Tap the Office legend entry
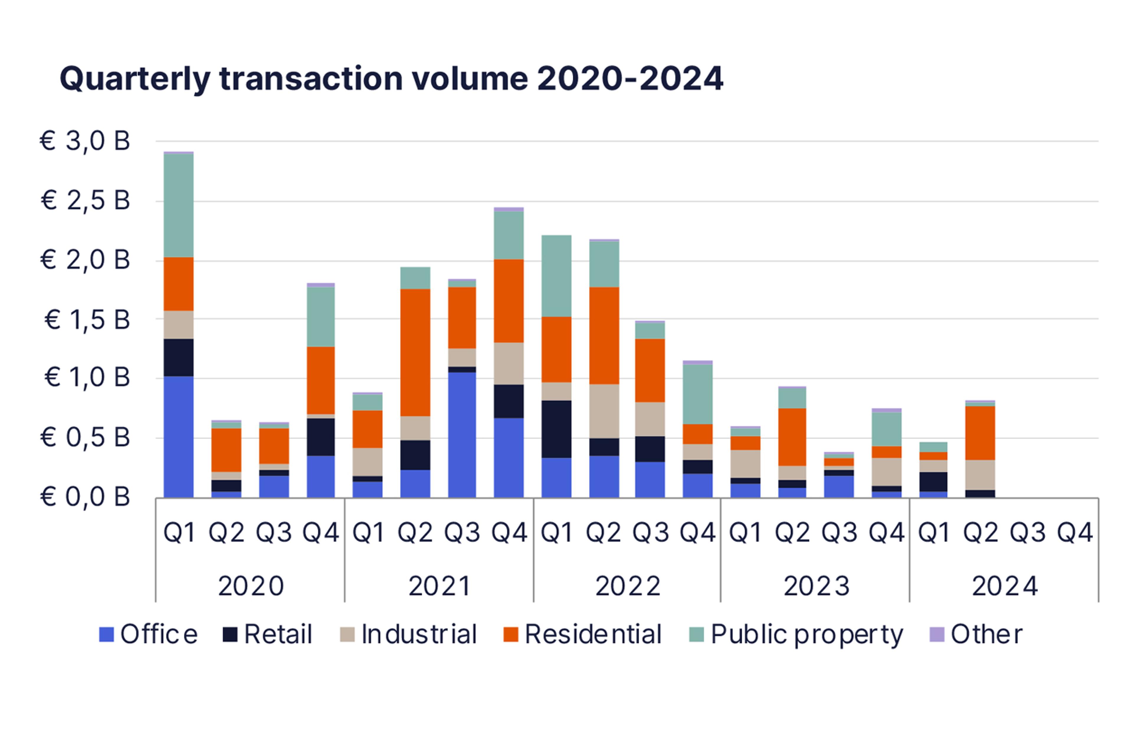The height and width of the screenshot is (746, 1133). click(148, 634)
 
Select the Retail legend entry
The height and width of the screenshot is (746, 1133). click(268, 634)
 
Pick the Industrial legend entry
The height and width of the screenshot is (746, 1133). click(408, 634)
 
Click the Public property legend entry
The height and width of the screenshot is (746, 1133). click(796, 634)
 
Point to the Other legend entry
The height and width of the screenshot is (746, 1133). click(976, 634)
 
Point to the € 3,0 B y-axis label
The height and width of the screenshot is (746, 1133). click(85, 141)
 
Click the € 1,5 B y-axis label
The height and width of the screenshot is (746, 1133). click(87, 320)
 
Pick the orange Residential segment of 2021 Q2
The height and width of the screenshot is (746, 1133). click(415, 352)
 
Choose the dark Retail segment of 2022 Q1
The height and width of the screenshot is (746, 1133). click(556, 429)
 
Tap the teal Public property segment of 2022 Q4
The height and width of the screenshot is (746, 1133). click(698, 394)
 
